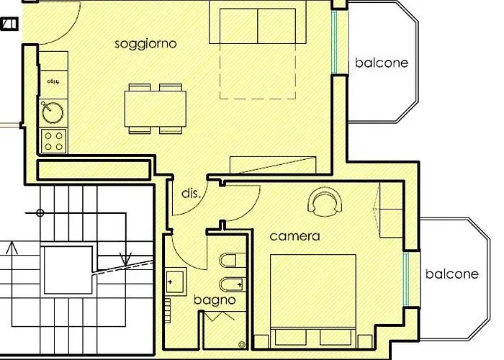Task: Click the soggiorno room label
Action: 146,44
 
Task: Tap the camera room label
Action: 295,235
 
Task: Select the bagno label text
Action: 215,300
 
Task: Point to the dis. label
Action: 190,194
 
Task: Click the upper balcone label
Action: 382,63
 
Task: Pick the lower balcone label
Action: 451,274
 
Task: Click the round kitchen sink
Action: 53,112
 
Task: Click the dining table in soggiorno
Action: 155,109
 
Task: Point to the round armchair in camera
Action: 325,202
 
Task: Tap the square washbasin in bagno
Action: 176,281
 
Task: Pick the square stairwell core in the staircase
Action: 68,271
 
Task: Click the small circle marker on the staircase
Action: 40,213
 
